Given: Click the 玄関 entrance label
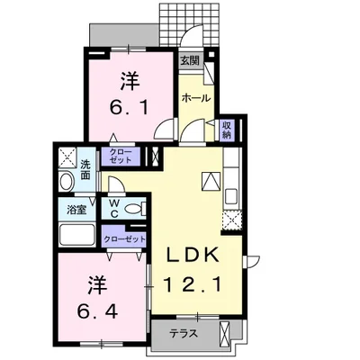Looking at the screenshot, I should [189, 61].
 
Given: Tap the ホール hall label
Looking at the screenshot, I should [196, 97].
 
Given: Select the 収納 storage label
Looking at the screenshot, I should [227, 129].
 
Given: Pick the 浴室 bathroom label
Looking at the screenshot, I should [77, 210].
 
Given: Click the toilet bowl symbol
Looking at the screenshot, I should [134, 209].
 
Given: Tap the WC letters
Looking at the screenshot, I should [116, 209].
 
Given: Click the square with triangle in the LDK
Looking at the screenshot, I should [209, 178].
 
